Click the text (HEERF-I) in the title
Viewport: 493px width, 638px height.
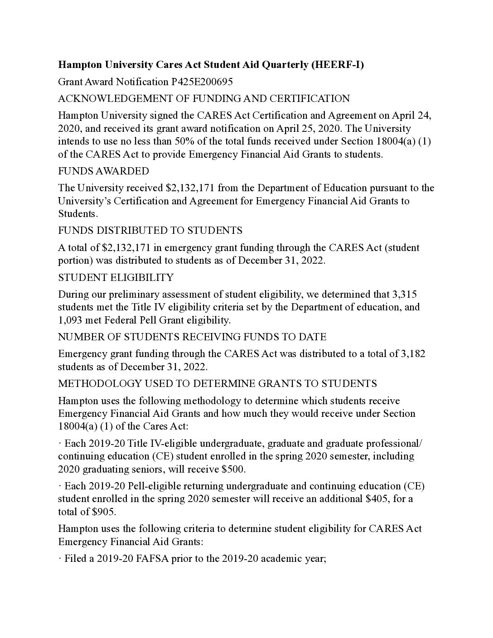337,65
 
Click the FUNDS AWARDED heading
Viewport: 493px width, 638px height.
103,171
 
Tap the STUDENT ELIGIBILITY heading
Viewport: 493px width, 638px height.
116,277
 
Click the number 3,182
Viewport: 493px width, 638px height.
413,353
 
